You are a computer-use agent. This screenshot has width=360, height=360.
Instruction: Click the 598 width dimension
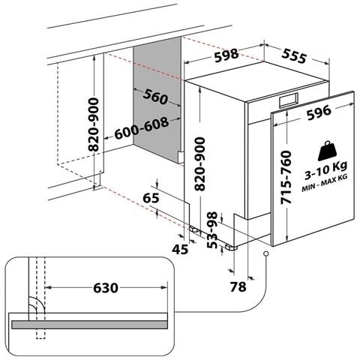(x=226, y=55)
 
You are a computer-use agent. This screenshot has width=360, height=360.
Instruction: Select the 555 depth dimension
(x=294, y=55)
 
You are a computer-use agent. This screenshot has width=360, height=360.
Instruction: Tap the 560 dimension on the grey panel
(x=155, y=97)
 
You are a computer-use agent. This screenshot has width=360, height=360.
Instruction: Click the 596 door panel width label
(x=319, y=112)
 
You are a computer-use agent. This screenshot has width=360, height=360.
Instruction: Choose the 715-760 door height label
(x=286, y=177)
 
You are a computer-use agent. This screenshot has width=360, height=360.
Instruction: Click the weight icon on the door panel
(x=328, y=151)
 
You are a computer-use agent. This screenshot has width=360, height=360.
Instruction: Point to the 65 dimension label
(x=151, y=198)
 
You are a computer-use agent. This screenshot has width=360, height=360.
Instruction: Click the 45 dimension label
(x=180, y=249)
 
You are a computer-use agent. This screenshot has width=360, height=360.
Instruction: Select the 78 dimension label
(x=238, y=286)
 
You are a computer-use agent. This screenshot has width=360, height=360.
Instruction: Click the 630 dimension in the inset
(x=106, y=288)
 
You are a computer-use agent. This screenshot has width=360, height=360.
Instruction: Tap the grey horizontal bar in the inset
(x=89, y=325)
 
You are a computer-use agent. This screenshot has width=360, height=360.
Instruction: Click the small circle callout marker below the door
(x=266, y=253)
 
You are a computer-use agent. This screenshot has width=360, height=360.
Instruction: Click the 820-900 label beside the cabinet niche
(x=94, y=124)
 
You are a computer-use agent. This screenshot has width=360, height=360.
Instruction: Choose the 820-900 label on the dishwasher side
(x=199, y=163)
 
